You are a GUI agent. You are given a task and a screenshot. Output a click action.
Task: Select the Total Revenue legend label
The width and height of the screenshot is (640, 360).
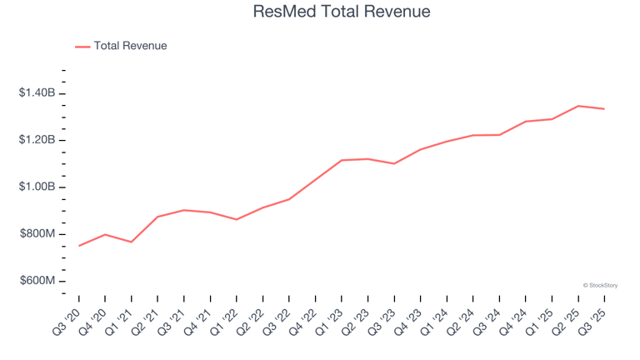(130, 46)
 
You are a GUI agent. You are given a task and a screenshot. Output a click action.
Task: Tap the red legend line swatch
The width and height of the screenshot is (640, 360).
(82, 47)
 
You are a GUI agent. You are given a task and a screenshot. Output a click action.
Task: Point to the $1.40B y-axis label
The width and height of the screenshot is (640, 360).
(37, 92)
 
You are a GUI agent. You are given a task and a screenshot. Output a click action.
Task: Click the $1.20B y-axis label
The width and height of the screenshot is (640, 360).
(37, 140)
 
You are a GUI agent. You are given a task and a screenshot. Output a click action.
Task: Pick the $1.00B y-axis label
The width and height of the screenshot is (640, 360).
(37, 187)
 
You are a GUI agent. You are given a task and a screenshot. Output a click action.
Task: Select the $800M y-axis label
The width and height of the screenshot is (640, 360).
(37, 234)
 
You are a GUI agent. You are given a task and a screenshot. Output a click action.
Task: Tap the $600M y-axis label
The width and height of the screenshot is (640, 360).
(37, 281)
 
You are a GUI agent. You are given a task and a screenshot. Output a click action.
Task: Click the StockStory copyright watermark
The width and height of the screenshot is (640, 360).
(600, 285)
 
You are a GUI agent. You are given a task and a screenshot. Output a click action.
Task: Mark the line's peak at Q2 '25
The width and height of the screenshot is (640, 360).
(578, 106)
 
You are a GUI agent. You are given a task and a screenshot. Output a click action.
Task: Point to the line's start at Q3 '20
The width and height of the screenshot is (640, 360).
(79, 246)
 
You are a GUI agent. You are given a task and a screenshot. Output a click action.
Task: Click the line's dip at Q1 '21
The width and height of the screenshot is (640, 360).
(132, 242)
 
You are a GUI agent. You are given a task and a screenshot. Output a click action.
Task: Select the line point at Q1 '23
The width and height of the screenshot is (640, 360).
(342, 160)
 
